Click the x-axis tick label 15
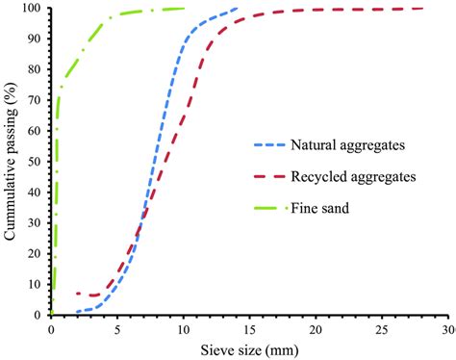248,328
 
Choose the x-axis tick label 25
380,328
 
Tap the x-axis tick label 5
117,328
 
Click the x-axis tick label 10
183,328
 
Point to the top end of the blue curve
238,9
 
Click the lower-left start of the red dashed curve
77,293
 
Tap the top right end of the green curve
183,9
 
